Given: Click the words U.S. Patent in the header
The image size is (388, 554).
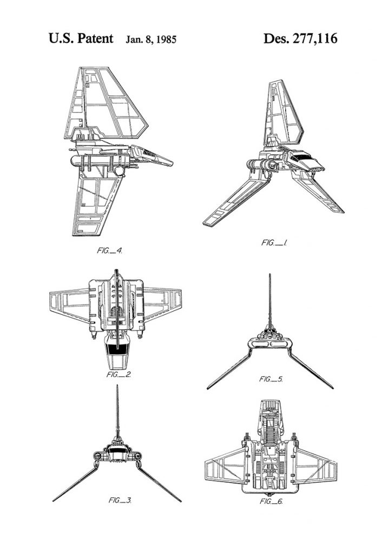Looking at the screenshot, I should (81, 38).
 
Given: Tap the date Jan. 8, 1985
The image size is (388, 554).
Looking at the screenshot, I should (151, 39).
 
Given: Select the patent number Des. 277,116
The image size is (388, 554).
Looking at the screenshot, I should (300, 38).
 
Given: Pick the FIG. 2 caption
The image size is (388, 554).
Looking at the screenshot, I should (120, 374).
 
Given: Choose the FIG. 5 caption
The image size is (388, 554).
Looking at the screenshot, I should (270, 379).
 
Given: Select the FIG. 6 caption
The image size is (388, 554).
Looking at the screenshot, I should (270, 501).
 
